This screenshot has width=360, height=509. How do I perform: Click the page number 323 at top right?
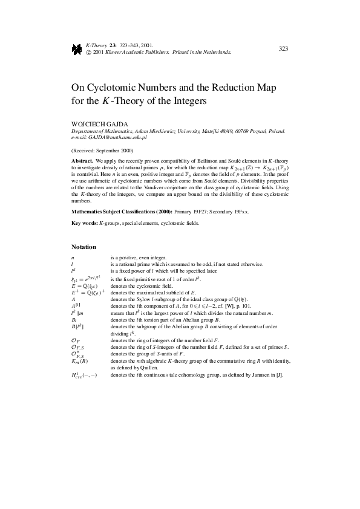coord(283,49)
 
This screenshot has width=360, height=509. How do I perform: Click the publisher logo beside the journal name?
coord(76,50)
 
